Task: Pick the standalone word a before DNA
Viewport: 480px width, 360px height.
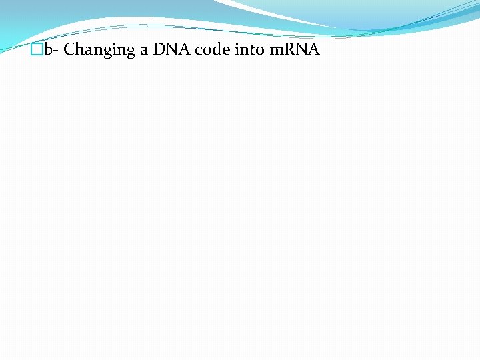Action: tap(144, 51)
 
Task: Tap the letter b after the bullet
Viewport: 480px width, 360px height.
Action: tap(47, 50)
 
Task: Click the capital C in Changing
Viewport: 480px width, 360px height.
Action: tap(69, 50)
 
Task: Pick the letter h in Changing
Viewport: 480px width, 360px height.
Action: tap(79, 50)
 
